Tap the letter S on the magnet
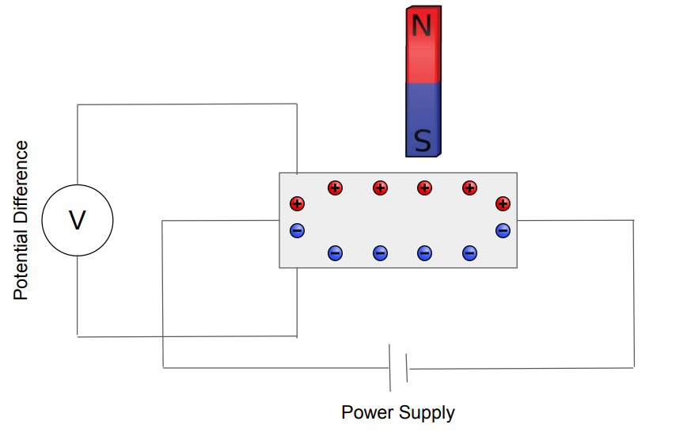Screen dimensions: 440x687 (x=423, y=142)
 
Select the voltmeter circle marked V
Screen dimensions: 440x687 (x=77, y=220)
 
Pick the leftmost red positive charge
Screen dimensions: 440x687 (x=297, y=204)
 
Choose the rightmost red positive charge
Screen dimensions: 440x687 (x=503, y=204)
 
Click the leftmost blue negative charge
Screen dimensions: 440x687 (x=297, y=230)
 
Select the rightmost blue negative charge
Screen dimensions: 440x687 (x=503, y=230)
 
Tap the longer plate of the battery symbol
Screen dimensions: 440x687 (x=389, y=367)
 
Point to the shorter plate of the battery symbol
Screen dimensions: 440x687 (x=407, y=368)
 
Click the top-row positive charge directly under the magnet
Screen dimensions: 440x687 (x=425, y=188)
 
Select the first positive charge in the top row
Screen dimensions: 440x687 (x=335, y=188)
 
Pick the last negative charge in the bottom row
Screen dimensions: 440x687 (x=469, y=253)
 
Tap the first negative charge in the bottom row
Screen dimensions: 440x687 (x=335, y=253)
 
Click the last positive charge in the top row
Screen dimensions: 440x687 (x=469, y=188)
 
